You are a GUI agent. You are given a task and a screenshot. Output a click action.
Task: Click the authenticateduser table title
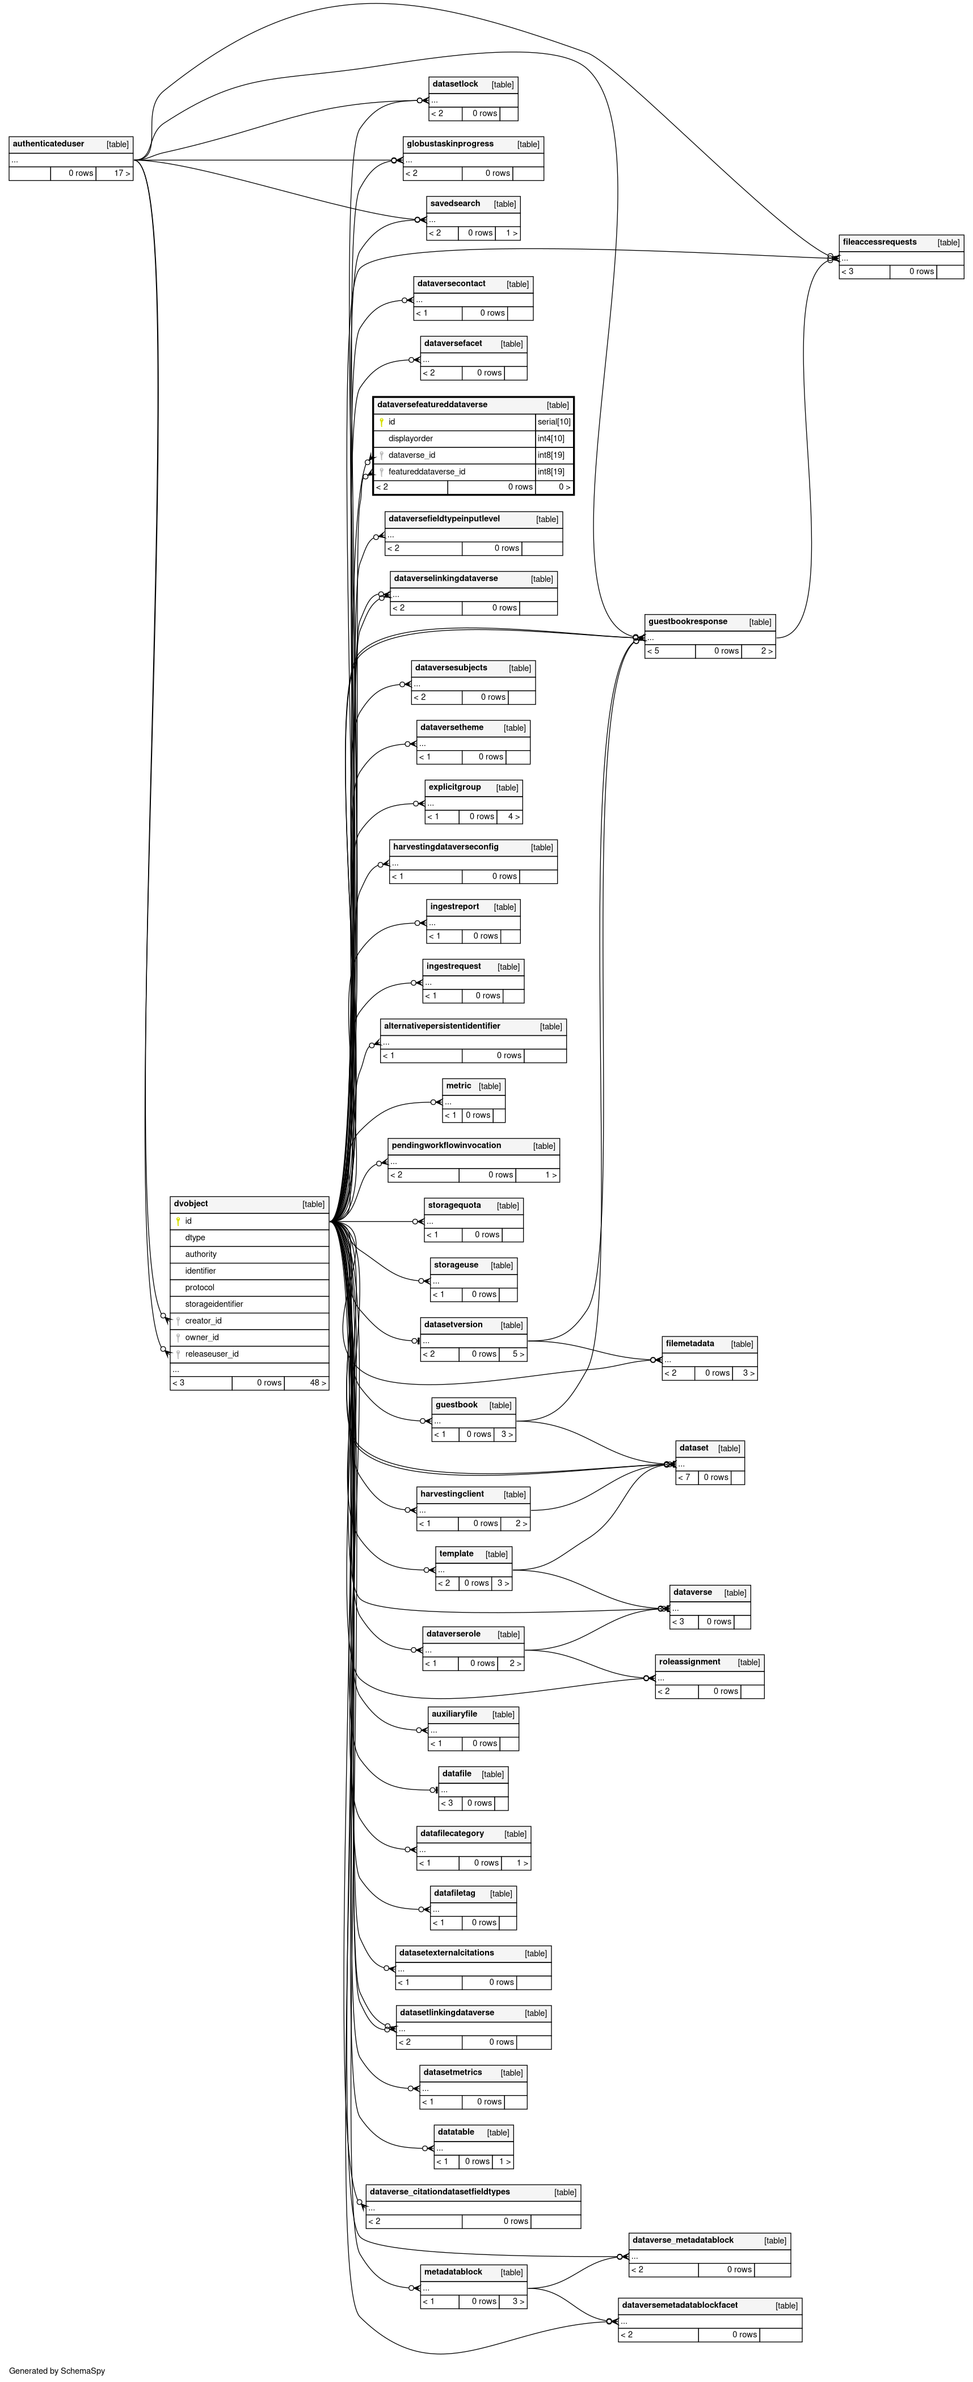[x=48, y=144]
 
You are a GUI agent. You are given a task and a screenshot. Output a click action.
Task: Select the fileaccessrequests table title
[x=879, y=242]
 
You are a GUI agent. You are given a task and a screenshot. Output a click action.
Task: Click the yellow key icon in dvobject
[x=178, y=1221]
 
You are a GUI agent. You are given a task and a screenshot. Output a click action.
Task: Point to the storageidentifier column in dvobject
[x=214, y=1304]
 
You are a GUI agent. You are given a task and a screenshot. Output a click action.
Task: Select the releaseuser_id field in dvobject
[x=212, y=1354]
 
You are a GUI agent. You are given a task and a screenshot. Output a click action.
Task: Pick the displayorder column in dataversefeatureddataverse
[x=411, y=438]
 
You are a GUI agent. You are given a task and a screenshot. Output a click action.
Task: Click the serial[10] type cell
[x=554, y=422]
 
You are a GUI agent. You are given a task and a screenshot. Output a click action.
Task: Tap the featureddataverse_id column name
[x=427, y=472]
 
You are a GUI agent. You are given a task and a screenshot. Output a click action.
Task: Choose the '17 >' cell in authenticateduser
[x=122, y=173]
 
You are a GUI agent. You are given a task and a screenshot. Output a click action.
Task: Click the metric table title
[x=459, y=1086]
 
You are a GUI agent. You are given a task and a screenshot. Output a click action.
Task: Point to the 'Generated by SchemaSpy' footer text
[x=57, y=2371]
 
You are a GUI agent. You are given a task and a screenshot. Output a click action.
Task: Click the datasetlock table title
[x=455, y=84]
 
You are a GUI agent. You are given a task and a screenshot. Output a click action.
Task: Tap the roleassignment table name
[x=689, y=1662]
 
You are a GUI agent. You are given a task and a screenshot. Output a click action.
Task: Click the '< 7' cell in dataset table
[x=684, y=1476]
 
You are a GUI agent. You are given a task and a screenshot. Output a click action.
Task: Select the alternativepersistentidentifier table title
[x=442, y=1026]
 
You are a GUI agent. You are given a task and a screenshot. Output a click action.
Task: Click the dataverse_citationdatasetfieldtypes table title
[x=439, y=2191]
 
